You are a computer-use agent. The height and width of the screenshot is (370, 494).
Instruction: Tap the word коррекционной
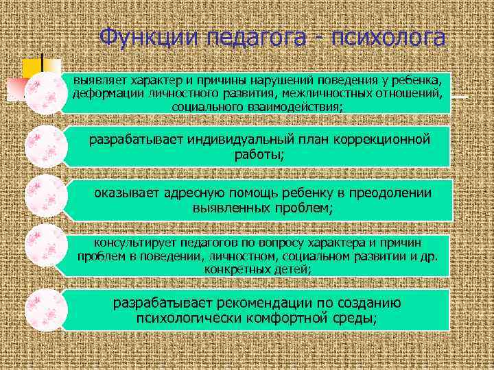384,140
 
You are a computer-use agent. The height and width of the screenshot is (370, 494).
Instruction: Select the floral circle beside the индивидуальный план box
45,146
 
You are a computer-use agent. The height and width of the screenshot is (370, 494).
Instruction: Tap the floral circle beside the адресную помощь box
45,196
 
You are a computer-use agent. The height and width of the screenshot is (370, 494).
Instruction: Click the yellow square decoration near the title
32,69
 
